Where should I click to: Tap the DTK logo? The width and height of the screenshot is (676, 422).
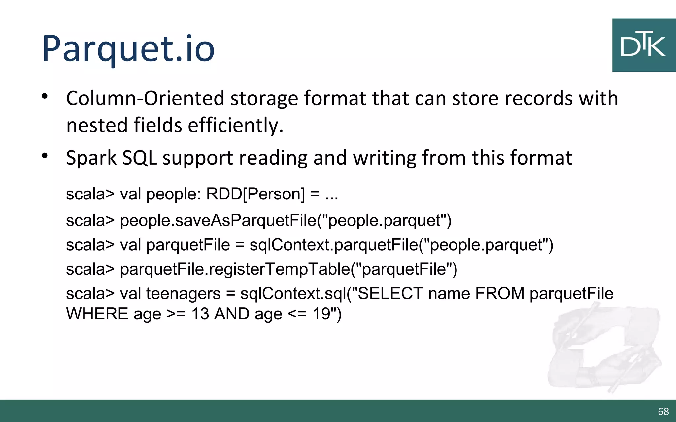coord(643,45)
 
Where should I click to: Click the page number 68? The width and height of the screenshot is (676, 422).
coord(663,411)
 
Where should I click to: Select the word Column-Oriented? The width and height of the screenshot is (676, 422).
coord(145,98)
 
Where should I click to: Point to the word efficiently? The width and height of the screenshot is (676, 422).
coord(235,125)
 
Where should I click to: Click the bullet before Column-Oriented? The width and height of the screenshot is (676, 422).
coord(45,97)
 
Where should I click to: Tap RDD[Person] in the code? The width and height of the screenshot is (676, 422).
coord(255,194)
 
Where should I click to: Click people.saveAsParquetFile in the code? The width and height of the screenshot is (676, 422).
coord(218,220)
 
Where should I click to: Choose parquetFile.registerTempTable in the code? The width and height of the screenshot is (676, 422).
coord(235,269)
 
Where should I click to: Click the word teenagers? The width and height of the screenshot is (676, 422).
coord(183,294)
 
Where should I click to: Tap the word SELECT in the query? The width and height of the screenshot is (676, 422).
coord(390,293)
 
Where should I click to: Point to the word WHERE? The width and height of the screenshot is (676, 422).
coord(97,314)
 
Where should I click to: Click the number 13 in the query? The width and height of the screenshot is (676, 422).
coord(200,314)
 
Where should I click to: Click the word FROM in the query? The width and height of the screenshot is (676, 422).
coord(499,293)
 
